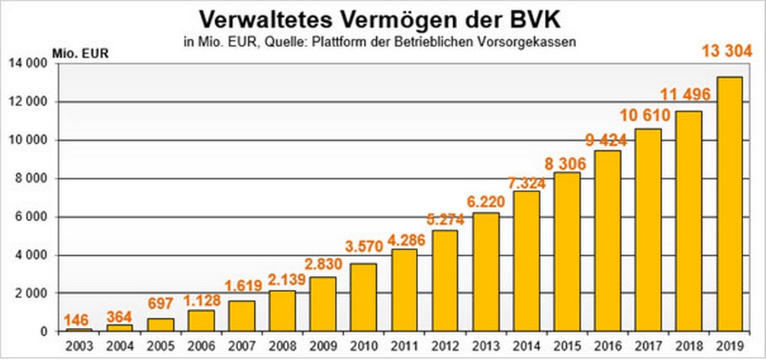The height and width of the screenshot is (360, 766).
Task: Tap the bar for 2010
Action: (x=363, y=297)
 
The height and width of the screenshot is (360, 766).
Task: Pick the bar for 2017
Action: (x=648, y=230)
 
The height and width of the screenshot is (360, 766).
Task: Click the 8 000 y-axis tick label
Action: (x=31, y=178)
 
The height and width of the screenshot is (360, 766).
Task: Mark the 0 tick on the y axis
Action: (x=44, y=332)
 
